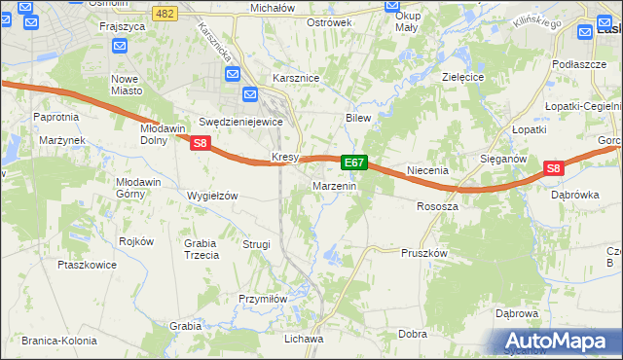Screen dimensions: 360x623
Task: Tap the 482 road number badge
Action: (165, 13)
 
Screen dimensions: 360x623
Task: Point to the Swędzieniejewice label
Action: (239, 122)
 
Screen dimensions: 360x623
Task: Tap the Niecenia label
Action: (427, 170)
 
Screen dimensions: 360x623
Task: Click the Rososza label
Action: (437, 206)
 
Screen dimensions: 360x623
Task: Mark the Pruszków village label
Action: (423, 252)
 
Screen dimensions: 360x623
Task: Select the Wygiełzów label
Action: (211, 196)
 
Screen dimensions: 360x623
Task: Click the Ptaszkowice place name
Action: (88, 264)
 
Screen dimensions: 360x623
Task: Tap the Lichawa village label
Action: (303, 339)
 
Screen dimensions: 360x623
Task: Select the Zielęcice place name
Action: (463, 75)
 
